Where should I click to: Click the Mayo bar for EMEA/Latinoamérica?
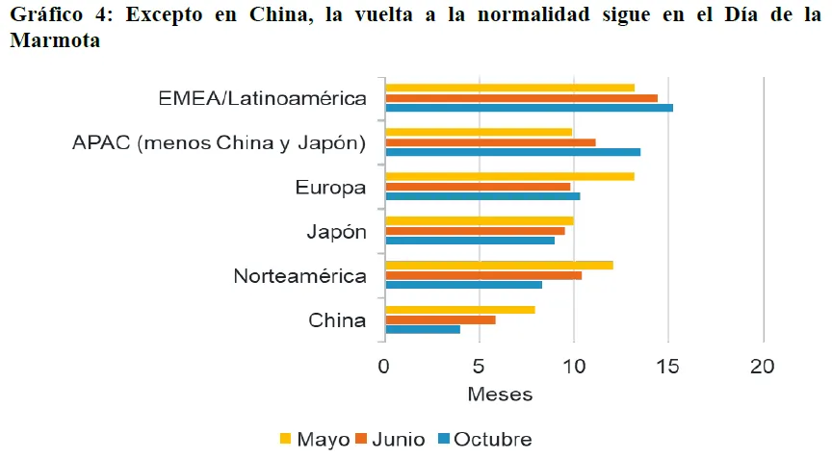509,88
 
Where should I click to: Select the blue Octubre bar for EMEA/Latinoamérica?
529,107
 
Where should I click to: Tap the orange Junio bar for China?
440,319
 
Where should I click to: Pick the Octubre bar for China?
423,329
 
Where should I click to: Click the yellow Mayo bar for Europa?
509,176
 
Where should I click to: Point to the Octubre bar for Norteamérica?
463,285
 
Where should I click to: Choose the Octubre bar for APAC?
512,152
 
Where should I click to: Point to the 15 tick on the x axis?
668,367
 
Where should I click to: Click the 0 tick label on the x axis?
384,367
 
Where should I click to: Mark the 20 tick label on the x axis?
762,367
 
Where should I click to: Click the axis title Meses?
499,395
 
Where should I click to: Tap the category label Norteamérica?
299,277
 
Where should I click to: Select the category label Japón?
336,233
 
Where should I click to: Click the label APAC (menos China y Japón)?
219,143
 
